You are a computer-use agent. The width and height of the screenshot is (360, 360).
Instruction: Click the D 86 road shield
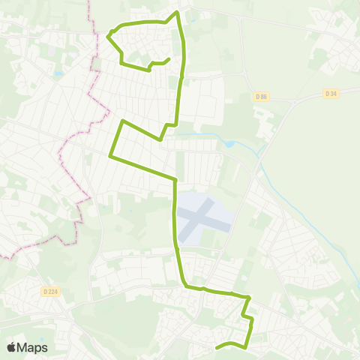pyautogui.click(x=261, y=96)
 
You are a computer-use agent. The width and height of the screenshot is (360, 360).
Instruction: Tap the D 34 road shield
pyautogui.click(x=330, y=93)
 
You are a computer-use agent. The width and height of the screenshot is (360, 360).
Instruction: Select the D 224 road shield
pyautogui.click(x=50, y=291)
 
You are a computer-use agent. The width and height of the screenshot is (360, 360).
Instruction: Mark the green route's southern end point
pyautogui.click(x=217, y=347)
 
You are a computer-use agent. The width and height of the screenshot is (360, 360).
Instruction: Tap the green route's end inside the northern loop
pyautogui.click(x=169, y=59)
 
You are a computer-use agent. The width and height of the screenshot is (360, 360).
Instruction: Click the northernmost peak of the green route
pyautogui.click(x=177, y=12)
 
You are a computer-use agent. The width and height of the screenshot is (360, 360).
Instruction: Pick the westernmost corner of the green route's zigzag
pyautogui.click(x=110, y=156)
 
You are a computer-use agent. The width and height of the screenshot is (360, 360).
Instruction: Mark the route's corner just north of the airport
pyautogui.click(x=175, y=180)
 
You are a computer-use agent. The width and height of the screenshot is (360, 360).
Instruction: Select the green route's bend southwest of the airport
pyautogui.click(x=184, y=283)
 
